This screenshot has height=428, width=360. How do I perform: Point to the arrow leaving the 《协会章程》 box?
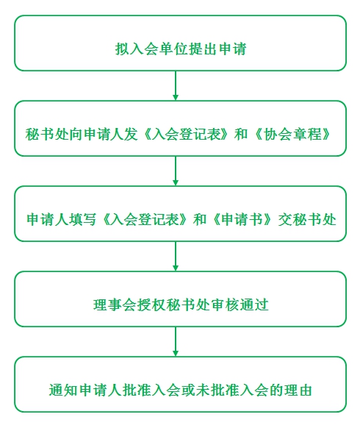(176, 171)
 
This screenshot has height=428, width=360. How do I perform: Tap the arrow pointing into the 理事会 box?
(176, 256)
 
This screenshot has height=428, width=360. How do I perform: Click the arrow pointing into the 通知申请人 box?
(176, 341)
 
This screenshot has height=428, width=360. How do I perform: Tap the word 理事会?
(111, 305)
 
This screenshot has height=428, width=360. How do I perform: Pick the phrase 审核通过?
(244, 305)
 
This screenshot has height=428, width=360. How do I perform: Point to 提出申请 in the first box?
(214, 50)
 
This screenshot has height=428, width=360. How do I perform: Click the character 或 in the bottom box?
(201, 390)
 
